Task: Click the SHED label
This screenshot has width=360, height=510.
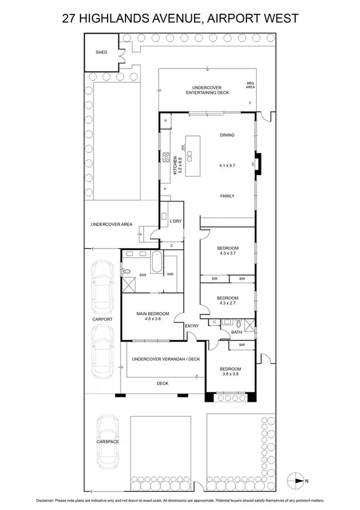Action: tap(102, 52)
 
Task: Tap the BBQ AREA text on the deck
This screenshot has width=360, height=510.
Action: tap(251, 85)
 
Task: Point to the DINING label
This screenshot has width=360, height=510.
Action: tap(227, 135)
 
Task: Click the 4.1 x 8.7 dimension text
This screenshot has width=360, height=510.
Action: tap(227, 164)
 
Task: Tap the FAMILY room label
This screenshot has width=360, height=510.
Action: tap(227, 196)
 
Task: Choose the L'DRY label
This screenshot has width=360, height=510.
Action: tap(175, 221)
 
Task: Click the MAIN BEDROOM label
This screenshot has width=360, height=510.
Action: tap(153, 313)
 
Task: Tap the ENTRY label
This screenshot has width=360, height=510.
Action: tap(192, 327)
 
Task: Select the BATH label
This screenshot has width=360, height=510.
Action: tap(236, 332)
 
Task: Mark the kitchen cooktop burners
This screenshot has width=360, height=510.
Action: tap(163, 158)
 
